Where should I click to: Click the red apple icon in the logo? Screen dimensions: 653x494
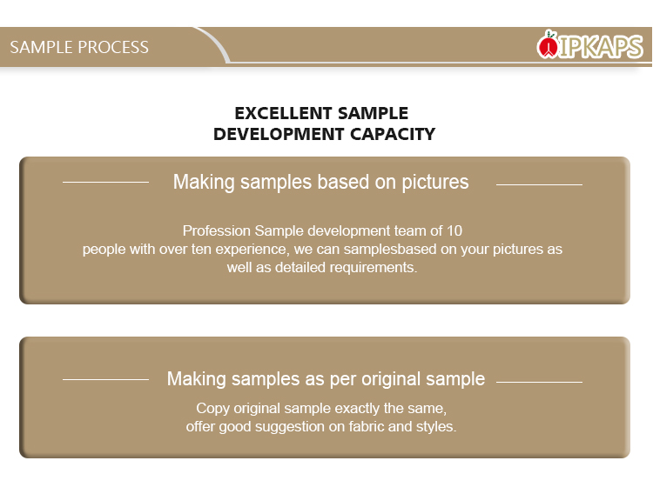pyautogui.click(x=548, y=45)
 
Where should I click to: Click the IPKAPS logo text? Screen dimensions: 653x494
pyautogui.click(x=600, y=47)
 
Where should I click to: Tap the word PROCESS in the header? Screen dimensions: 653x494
pyautogui.click(x=113, y=47)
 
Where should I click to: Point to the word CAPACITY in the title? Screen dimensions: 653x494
pyautogui.click(x=393, y=134)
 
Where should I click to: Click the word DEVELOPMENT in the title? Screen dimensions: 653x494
pyautogui.click(x=279, y=134)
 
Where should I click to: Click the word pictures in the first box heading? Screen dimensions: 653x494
pyautogui.click(x=435, y=183)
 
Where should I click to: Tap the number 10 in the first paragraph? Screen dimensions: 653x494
pyautogui.click(x=454, y=230)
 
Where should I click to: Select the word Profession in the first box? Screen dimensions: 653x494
pyautogui.click(x=217, y=230)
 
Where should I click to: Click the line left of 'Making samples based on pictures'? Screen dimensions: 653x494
pyautogui.click(x=105, y=182)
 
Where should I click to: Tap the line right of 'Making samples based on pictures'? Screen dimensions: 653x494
pyautogui.click(x=539, y=184)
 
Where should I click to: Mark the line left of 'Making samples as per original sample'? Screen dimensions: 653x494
pyautogui.click(x=105, y=379)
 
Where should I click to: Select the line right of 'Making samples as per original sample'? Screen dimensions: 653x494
pyautogui.click(x=539, y=382)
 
